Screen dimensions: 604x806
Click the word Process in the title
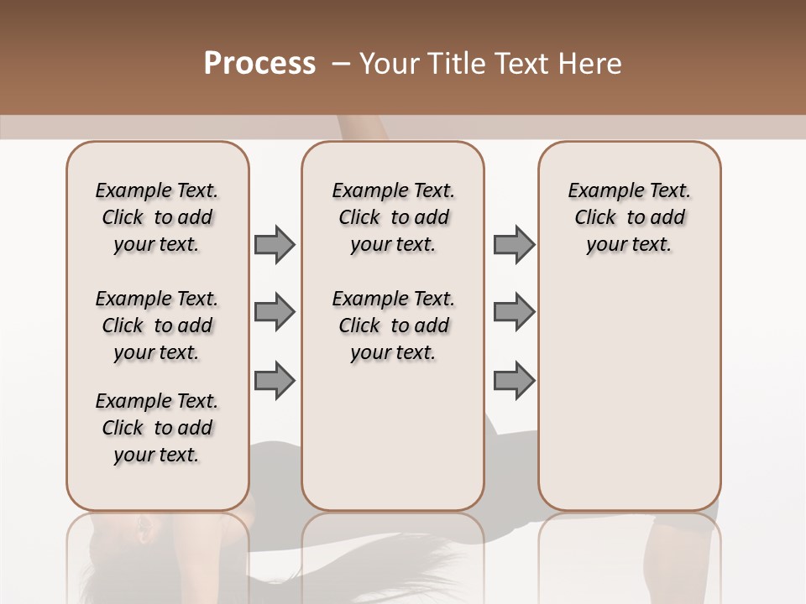(259, 64)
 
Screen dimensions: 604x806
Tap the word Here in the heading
(591, 64)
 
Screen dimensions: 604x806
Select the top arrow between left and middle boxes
(275, 244)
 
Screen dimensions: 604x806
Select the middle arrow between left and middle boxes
(275, 312)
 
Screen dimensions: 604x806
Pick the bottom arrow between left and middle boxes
(275, 380)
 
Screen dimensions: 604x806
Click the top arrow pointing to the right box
(514, 244)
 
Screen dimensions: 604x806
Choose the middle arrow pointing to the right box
(514, 312)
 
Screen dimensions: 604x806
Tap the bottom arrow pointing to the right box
(514, 380)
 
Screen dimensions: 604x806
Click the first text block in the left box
(157, 217)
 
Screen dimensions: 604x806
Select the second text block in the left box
(157, 325)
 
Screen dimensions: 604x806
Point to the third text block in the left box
(157, 428)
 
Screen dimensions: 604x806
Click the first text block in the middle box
(393, 217)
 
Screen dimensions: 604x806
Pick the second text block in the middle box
(393, 325)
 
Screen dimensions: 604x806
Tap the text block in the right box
(629, 217)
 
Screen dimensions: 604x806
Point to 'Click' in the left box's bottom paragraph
(123, 428)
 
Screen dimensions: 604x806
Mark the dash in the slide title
(341, 64)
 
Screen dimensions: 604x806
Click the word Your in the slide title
(388, 64)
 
